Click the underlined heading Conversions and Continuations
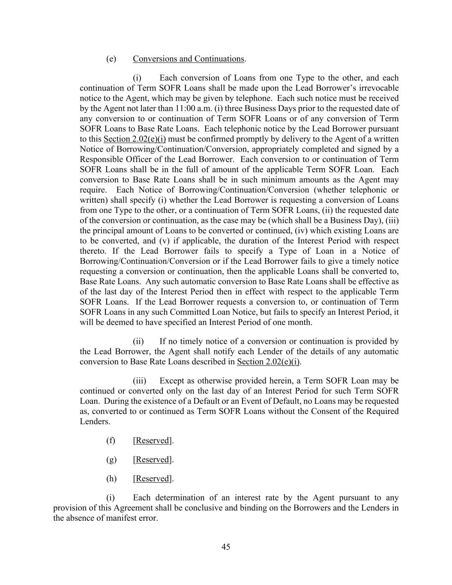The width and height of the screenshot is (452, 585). pyautogui.click(x=189, y=59)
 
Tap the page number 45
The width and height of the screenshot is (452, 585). pyautogui.click(x=226, y=546)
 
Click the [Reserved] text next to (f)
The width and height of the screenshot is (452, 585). pyautogui.click(x=153, y=440)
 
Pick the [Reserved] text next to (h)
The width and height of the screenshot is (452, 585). pyautogui.click(x=153, y=478)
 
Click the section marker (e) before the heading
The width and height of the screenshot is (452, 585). pyautogui.click(x=111, y=59)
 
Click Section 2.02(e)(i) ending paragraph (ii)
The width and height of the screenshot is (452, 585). pyautogui.click(x=268, y=362)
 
